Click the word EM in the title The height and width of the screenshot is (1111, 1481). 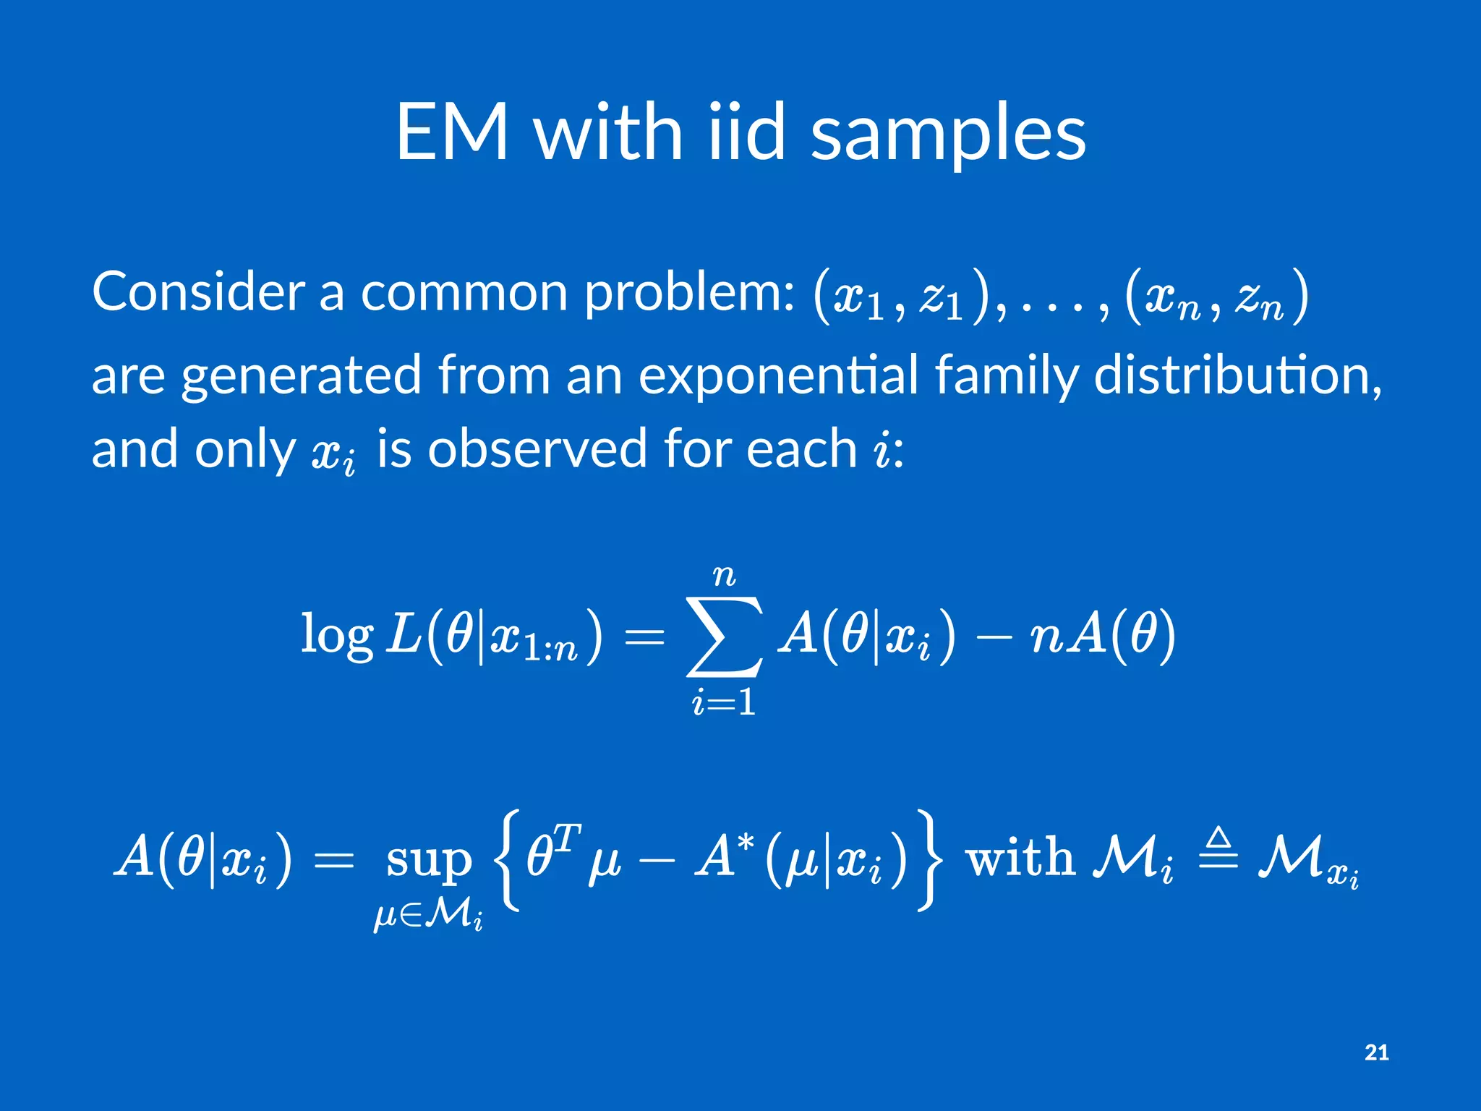pos(452,132)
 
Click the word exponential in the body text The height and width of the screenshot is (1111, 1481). pos(778,375)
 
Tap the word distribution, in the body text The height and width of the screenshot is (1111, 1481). pos(1237,375)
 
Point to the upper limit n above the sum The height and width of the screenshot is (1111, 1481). pos(724,576)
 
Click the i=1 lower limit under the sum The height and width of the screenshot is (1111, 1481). pos(724,702)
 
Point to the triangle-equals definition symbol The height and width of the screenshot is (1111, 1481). pos(1218,851)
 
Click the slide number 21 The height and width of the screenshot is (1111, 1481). pos(1376,1052)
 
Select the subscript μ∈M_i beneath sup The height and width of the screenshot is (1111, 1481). pos(428,916)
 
